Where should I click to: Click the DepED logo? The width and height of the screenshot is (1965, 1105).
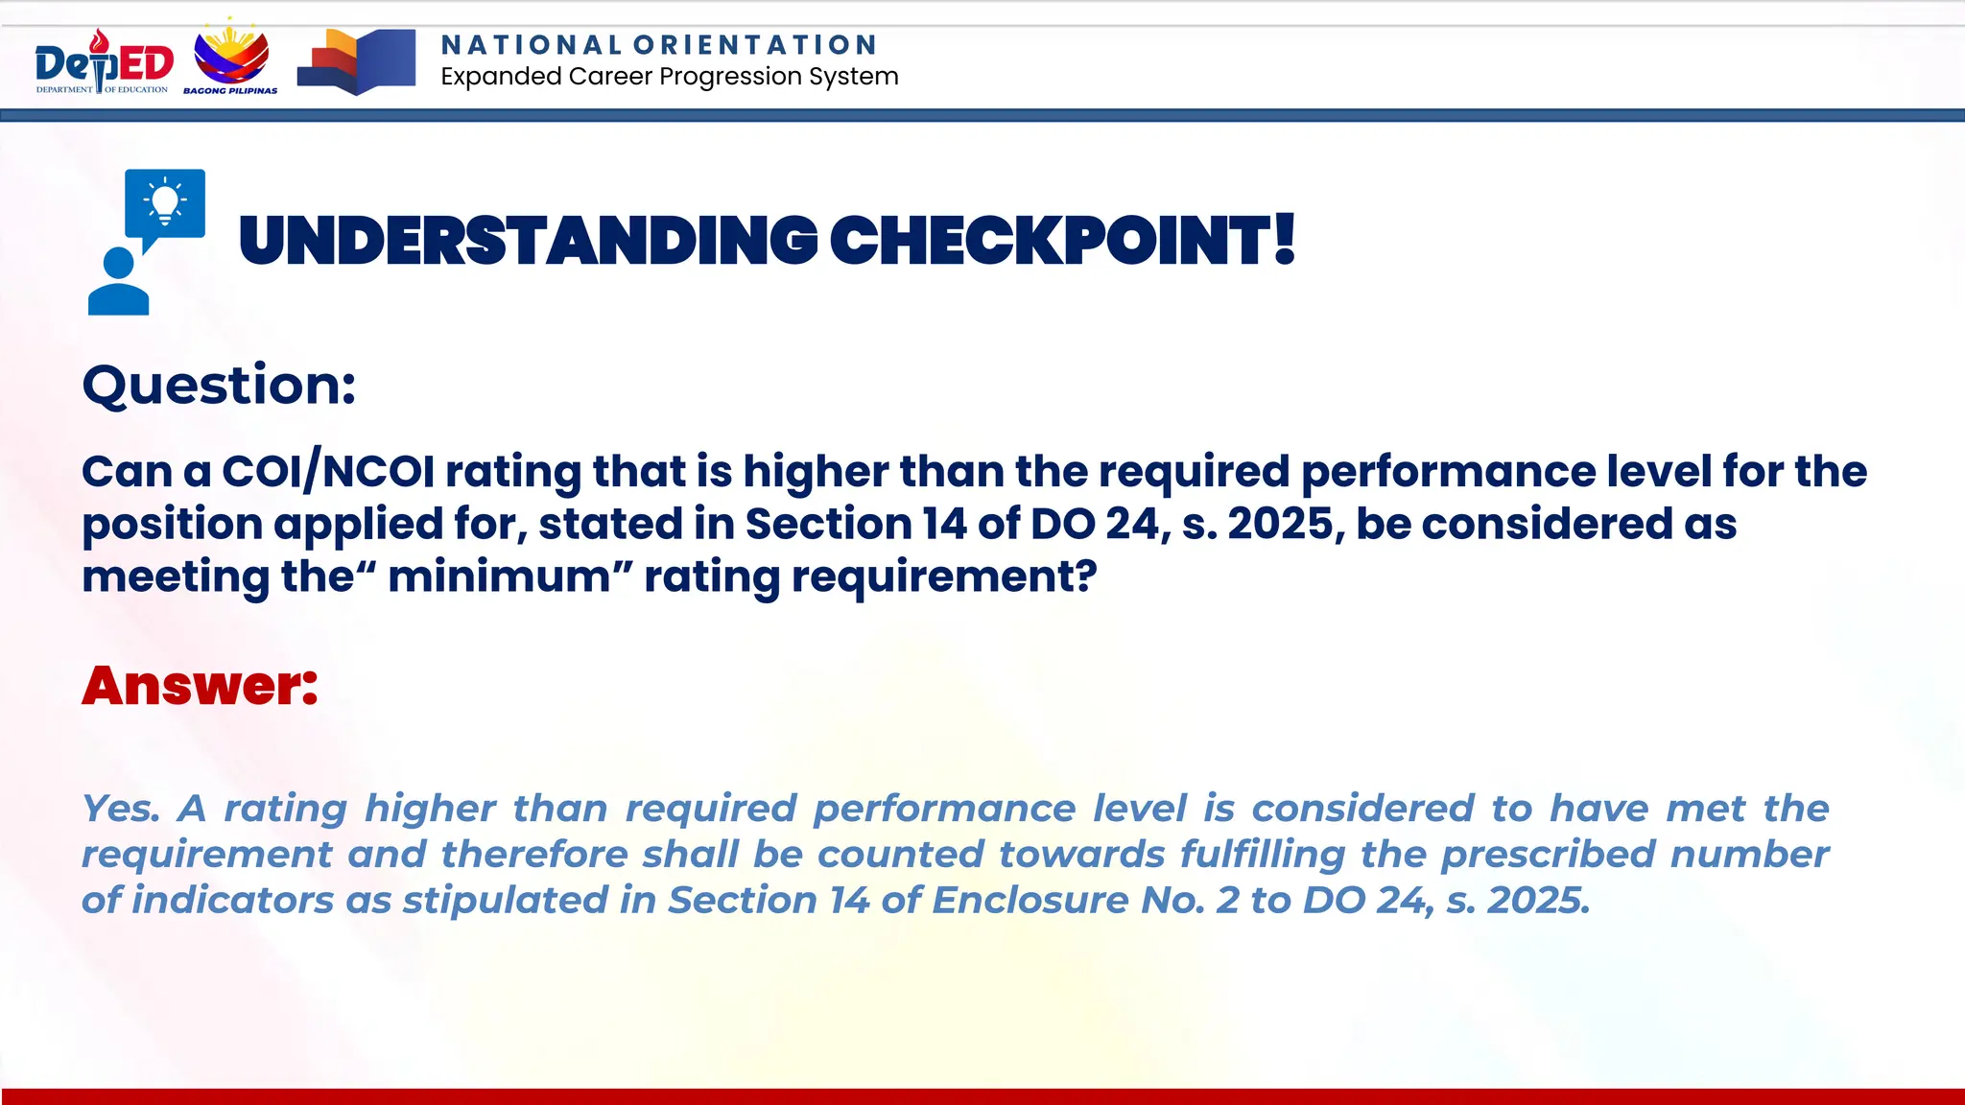tap(104, 63)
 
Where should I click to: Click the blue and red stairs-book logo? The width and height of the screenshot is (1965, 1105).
tap(357, 61)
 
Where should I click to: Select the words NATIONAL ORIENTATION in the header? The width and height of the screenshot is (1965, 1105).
tap(658, 45)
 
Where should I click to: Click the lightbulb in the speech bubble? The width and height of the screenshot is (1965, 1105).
tap(165, 201)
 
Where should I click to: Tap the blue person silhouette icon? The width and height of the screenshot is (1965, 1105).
tap(119, 282)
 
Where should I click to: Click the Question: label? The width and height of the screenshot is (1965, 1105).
tap(220, 386)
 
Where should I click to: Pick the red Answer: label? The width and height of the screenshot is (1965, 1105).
tap(200, 685)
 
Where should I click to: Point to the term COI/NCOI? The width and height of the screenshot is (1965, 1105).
tap(328, 472)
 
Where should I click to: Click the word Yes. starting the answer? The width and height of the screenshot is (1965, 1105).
tap(120, 809)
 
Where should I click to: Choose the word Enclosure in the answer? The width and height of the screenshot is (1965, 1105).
tap(1030, 901)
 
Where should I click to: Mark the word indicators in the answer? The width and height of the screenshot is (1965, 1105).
tap(232, 901)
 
